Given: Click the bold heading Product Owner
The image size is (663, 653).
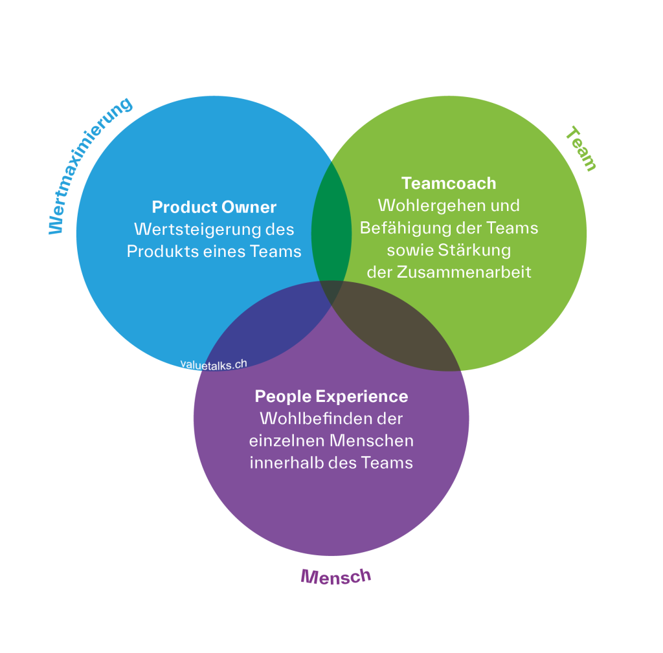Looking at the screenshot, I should (x=214, y=207).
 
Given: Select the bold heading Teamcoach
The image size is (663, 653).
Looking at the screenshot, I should (x=449, y=183).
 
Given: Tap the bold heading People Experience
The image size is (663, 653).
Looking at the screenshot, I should (x=331, y=396).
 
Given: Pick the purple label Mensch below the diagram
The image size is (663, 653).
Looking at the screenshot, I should (x=335, y=576).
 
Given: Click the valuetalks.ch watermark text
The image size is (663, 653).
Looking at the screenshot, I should (x=214, y=364).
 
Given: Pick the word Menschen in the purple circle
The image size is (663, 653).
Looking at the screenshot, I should (x=372, y=441).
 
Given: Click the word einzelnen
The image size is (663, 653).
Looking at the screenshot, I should (x=286, y=441).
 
